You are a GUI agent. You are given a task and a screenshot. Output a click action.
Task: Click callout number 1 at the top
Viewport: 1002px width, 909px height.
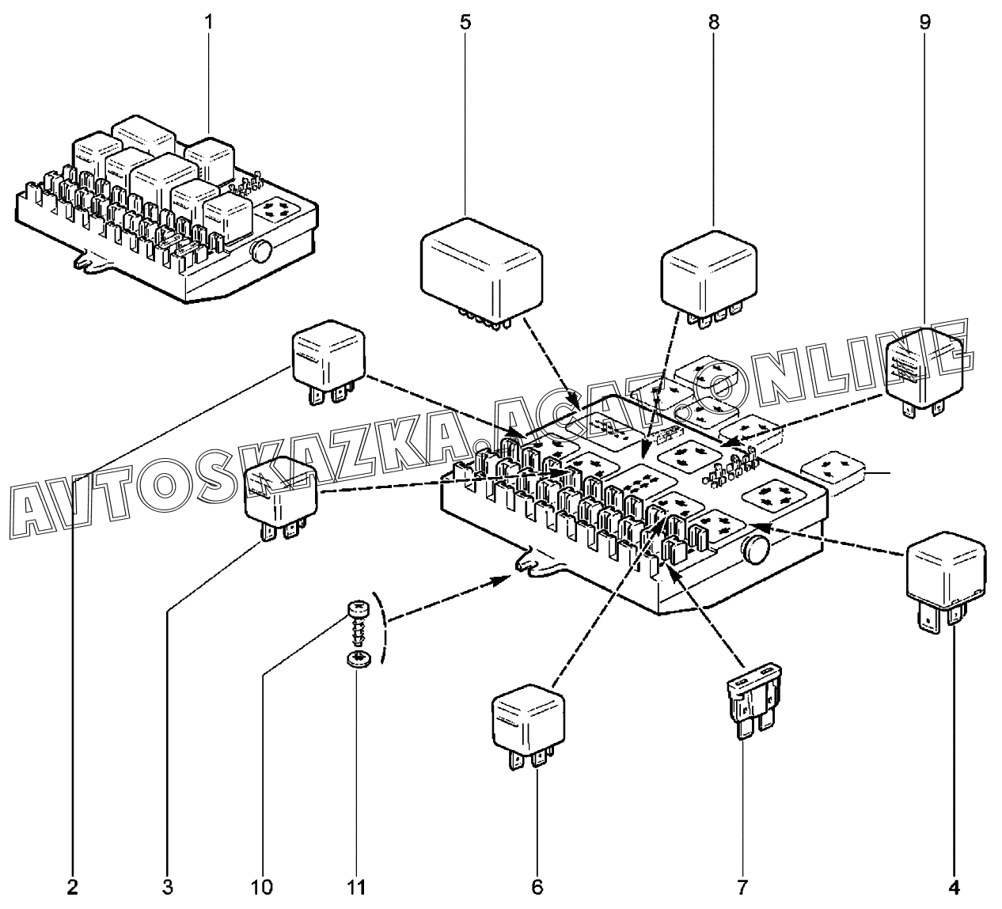coord(209,22)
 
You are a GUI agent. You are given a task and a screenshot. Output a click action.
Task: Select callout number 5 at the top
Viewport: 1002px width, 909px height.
coord(465,22)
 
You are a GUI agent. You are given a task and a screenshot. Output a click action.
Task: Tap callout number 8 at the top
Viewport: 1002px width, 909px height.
coord(714,22)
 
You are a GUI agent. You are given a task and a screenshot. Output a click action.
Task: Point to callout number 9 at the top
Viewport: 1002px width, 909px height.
coord(925,22)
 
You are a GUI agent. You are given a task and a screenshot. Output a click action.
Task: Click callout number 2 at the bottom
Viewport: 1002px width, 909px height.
coord(73,887)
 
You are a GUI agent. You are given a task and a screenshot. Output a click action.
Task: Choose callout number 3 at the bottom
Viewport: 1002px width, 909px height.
coord(167,887)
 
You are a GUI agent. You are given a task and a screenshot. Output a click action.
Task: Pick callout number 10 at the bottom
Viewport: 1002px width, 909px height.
coord(262,887)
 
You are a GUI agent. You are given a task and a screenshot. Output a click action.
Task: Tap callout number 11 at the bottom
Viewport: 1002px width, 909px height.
coord(357,887)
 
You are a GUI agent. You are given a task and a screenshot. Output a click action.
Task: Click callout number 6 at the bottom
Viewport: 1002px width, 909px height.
coord(537,887)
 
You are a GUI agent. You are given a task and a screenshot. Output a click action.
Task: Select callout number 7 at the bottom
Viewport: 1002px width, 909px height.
coord(742,887)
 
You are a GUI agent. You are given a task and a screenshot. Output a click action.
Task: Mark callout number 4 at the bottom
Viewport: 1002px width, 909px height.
coord(954,887)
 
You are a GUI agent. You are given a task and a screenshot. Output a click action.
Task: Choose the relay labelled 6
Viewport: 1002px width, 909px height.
coord(529,733)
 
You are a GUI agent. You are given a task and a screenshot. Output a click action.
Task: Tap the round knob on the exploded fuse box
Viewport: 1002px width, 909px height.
coord(756,549)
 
